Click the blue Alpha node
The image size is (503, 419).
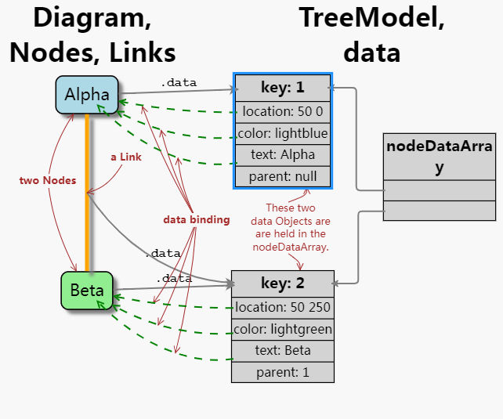[x=87, y=95]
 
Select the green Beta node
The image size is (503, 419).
[x=87, y=290]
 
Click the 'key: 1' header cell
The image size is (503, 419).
[x=283, y=87]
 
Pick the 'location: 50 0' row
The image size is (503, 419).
[x=283, y=111]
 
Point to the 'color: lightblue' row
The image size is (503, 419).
[x=283, y=133]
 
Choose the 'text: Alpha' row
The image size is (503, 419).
[x=283, y=154]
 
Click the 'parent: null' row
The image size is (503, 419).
[x=283, y=176]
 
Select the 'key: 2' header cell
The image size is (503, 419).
[x=283, y=284]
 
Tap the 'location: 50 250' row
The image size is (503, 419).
[x=283, y=307]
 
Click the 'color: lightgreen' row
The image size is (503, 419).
[x=283, y=329]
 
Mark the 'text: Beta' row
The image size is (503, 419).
[x=283, y=350]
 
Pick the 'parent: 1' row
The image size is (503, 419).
[x=283, y=372]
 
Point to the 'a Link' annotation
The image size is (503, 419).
[x=125, y=157]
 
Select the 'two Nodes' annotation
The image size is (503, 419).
[x=48, y=180]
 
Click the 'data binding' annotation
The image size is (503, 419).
[x=196, y=220]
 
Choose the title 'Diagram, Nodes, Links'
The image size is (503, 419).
[x=92, y=35]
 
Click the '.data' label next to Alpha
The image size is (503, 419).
[x=178, y=81]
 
